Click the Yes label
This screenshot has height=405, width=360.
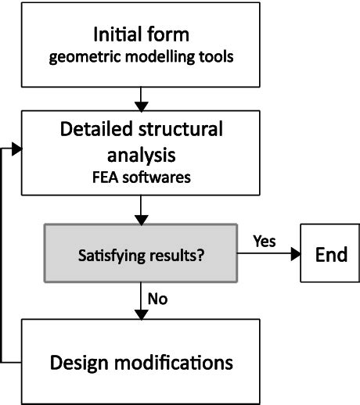pyautogui.click(x=265, y=242)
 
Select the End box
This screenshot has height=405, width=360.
pyautogui.click(x=330, y=255)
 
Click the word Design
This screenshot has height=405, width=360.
pyautogui.click(x=85, y=363)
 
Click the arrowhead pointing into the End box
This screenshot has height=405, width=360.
pyautogui.click(x=295, y=255)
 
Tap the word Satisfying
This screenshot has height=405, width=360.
pyautogui.click(x=111, y=255)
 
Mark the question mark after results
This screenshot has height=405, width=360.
pyautogui.click(x=201, y=255)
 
